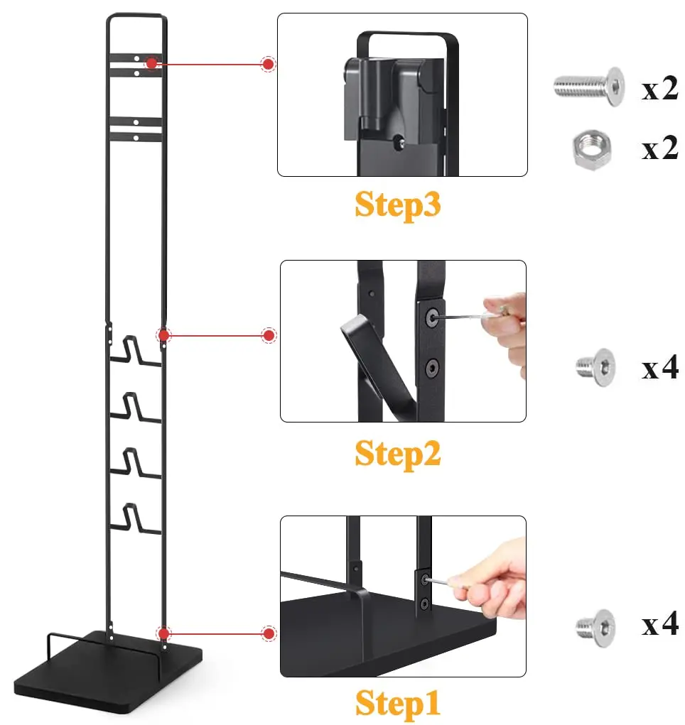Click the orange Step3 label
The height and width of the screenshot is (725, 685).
pyautogui.click(x=398, y=205)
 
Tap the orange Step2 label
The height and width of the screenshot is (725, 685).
pyautogui.click(x=398, y=453)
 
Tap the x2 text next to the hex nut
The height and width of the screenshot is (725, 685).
pyautogui.click(x=659, y=150)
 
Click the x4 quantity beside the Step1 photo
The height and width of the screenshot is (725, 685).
pyautogui.click(x=659, y=626)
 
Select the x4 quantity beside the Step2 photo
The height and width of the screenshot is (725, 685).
pyautogui.click(x=659, y=369)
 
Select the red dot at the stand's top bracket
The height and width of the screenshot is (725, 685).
pyautogui.click(x=151, y=63)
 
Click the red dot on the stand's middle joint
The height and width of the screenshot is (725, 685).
pyautogui.click(x=164, y=334)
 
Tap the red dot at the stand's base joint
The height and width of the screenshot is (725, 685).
pyautogui.click(x=164, y=633)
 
